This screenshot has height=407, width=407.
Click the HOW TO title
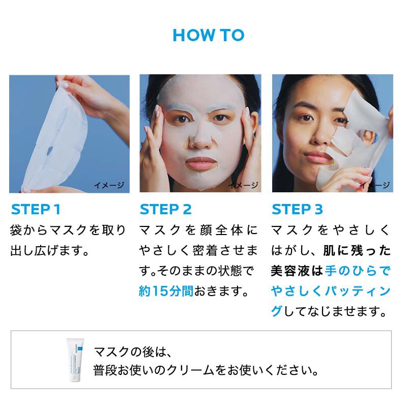(x=209, y=35)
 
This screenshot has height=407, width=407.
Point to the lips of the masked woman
(x=201, y=164)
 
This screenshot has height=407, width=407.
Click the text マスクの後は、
(x=134, y=351)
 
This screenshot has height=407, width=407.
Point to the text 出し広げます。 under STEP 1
(x=50, y=251)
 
